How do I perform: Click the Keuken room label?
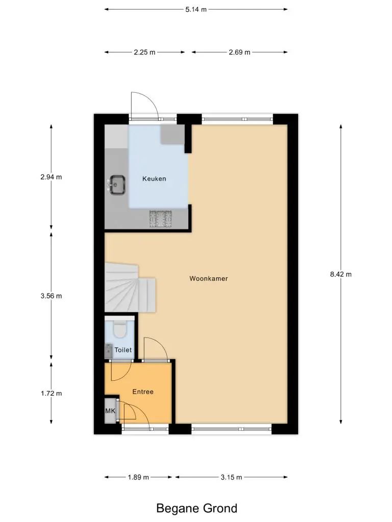154,179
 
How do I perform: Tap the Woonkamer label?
209,279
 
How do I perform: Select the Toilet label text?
123,350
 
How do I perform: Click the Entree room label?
143,392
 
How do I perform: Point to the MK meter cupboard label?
110,411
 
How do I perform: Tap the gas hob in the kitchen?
160,219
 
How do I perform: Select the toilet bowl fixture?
119,329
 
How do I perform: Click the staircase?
130,288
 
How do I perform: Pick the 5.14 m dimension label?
196,9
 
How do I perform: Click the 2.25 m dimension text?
144,53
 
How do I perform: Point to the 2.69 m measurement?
239,53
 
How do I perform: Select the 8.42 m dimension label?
340,274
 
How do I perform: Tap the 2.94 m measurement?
51,177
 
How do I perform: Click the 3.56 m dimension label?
51,296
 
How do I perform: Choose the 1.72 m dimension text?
52,394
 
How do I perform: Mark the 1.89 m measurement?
138,477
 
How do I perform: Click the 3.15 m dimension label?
231,477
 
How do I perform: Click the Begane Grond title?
197,508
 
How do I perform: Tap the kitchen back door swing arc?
151,99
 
